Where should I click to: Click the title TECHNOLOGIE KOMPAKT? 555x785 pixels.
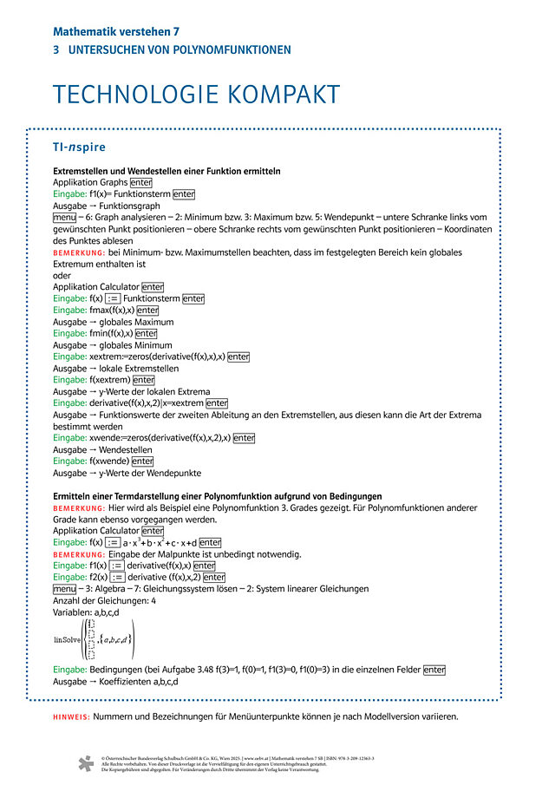(x=196, y=95)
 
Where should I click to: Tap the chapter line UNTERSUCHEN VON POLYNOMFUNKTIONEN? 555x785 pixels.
(x=179, y=50)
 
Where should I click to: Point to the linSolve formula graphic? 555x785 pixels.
(x=95, y=639)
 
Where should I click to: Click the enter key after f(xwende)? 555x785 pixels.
(x=142, y=461)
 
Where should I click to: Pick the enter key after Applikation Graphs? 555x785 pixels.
(x=141, y=183)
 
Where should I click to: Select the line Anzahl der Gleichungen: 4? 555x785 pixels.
(x=104, y=600)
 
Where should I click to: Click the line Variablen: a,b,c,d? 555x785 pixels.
(x=89, y=612)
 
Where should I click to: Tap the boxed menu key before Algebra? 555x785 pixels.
(x=65, y=589)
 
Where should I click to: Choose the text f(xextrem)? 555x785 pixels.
(x=109, y=380)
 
